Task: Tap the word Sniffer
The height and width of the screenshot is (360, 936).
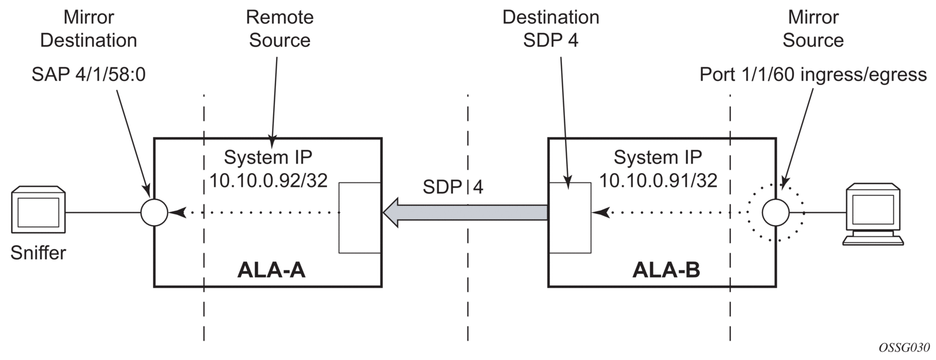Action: click(x=38, y=253)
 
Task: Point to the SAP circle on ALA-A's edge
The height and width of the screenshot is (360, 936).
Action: click(x=155, y=212)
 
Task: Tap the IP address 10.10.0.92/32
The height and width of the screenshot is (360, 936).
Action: click(x=268, y=181)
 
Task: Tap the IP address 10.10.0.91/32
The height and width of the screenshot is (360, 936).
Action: click(x=658, y=181)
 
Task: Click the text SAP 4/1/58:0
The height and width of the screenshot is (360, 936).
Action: click(x=88, y=74)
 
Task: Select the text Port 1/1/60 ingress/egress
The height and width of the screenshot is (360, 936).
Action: click(x=813, y=74)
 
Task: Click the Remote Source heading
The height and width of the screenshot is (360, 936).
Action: click(x=280, y=29)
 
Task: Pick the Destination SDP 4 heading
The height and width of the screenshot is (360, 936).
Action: click(x=551, y=29)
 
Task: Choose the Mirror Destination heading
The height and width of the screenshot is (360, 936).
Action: click(x=89, y=29)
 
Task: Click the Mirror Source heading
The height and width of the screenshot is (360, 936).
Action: click(x=813, y=29)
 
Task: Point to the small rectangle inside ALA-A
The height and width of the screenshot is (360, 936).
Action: click(x=360, y=218)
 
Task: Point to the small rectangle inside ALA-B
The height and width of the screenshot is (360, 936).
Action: click(x=569, y=218)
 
